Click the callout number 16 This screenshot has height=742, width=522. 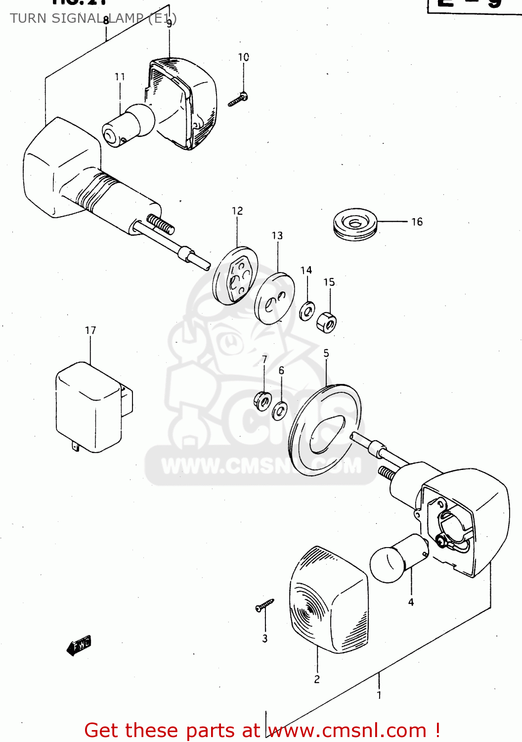tap(417, 222)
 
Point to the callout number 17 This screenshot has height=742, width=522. tap(90, 330)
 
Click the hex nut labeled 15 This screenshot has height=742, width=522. tap(327, 322)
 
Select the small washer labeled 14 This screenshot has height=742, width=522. tap(307, 311)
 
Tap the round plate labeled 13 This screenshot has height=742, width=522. tap(274, 299)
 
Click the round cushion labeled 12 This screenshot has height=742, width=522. tap(235, 275)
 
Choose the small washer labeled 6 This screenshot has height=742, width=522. tap(280, 411)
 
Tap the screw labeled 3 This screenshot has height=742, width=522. tap(264, 605)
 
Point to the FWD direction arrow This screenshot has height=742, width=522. tap(79, 646)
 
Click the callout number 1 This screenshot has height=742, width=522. tap(379, 695)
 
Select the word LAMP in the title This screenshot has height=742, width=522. tap(126, 18)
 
